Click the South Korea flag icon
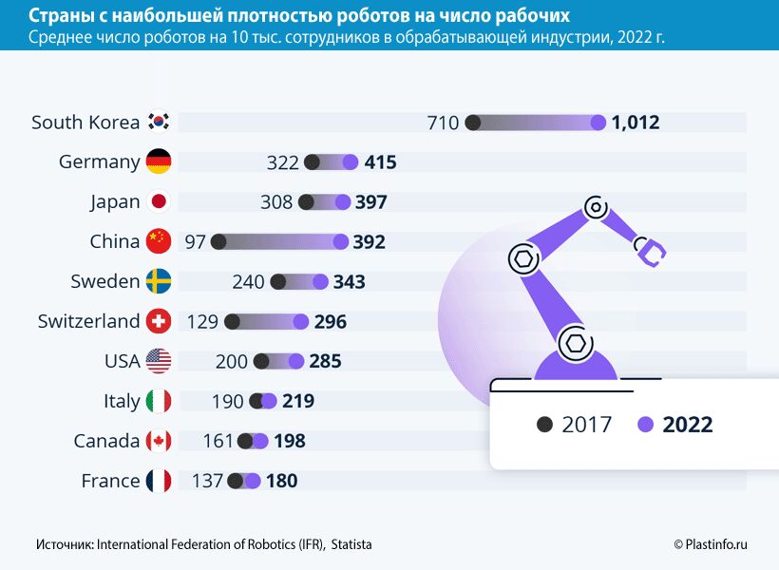(x=159, y=123)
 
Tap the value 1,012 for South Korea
(x=636, y=123)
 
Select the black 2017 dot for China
(x=218, y=242)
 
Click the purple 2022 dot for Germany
(x=351, y=162)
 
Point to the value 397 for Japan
(x=370, y=202)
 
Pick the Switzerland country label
(x=88, y=322)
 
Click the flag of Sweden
(x=159, y=282)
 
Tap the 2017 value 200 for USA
(x=231, y=362)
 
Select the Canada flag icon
(x=159, y=442)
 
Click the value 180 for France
(x=281, y=482)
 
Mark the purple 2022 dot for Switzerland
(x=301, y=322)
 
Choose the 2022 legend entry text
(x=688, y=425)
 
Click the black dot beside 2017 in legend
(x=544, y=425)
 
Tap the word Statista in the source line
(x=351, y=544)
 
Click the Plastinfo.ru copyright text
(x=711, y=544)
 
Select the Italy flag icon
(x=159, y=402)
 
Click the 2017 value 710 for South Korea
(x=443, y=123)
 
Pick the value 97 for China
(x=196, y=242)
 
